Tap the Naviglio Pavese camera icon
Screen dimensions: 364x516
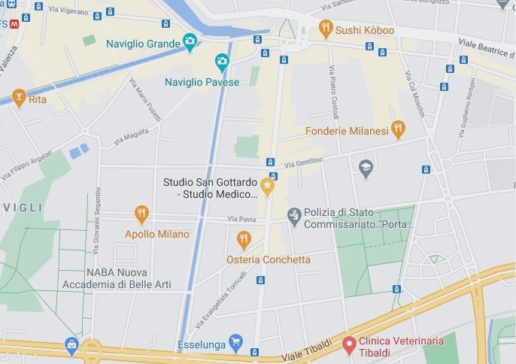pyautogui.click(x=222, y=62)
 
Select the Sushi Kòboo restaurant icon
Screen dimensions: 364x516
pyautogui.click(x=325, y=29)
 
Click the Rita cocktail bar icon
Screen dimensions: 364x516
pyautogui.click(x=19, y=98)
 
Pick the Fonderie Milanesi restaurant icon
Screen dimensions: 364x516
pyautogui.click(x=398, y=130)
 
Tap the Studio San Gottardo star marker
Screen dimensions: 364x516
pyautogui.click(x=267, y=185)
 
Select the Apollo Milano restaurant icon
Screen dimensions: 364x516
pyautogui.click(x=141, y=214)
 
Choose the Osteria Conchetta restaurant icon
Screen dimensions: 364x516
pyautogui.click(x=243, y=240)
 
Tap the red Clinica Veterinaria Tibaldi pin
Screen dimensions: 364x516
pyautogui.click(x=348, y=344)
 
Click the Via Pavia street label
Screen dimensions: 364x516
pyautogui.click(x=241, y=219)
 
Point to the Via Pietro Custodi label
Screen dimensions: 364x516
pyautogui.click(x=332, y=92)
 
